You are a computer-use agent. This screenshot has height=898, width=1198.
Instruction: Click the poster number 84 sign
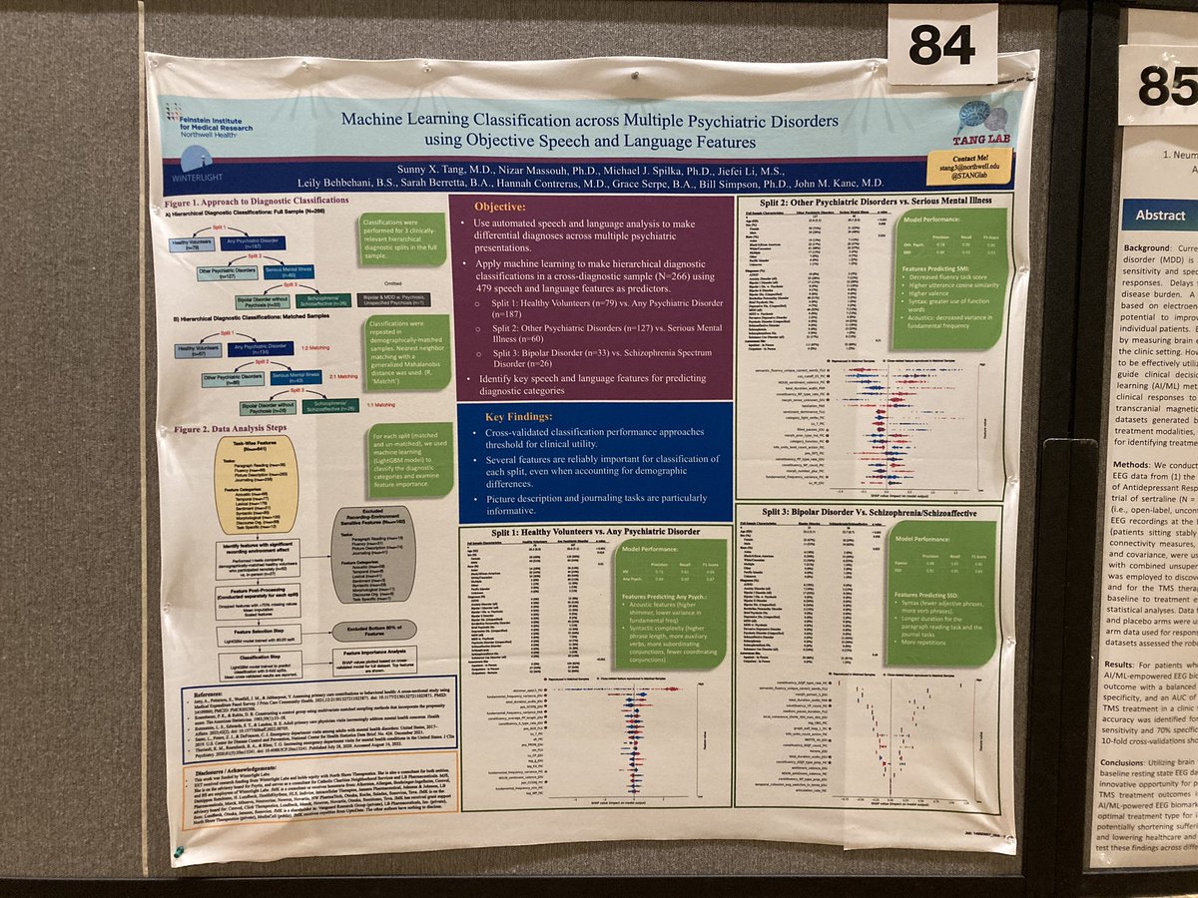point(940,45)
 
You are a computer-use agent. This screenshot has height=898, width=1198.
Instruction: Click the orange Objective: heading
point(495,208)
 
